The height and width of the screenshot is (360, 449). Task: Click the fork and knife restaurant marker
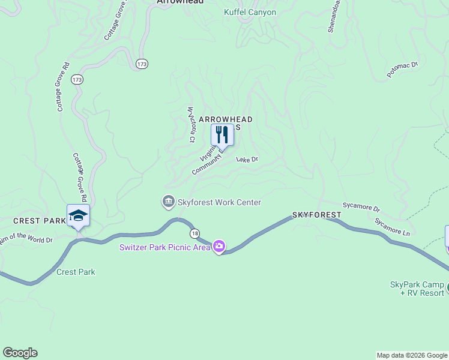point(222,135)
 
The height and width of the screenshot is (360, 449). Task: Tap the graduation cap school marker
point(78,215)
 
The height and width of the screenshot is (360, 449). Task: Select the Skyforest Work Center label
point(219,202)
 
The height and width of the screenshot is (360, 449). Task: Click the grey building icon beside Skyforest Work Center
point(169,202)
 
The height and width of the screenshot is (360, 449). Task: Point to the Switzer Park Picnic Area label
point(165,247)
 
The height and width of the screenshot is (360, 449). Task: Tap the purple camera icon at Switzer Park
point(219,247)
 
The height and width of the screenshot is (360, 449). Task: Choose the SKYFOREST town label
point(317,214)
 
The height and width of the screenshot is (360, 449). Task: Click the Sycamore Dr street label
point(361,207)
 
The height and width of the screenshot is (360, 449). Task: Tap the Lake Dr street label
point(247,160)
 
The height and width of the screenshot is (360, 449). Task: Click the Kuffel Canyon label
point(250,12)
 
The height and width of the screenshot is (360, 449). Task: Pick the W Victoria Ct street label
point(191,125)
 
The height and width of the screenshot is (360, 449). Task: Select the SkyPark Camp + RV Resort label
point(417,288)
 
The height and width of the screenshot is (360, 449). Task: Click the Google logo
point(20,353)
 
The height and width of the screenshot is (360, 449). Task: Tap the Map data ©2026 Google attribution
point(411,355)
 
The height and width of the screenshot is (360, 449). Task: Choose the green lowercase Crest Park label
point(76,272)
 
